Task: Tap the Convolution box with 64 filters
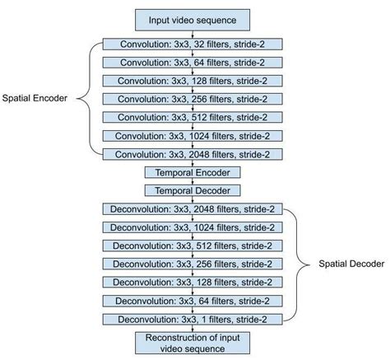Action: point(193,63)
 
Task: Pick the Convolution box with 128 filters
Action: point(193,81)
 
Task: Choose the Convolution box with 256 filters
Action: point(193,99)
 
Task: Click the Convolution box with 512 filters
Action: point(193,117)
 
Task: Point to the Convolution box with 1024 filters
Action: point(193,135)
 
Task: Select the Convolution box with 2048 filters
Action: point(193,153)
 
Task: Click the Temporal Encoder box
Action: point(193,173)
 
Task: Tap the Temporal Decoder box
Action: point(193,190)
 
